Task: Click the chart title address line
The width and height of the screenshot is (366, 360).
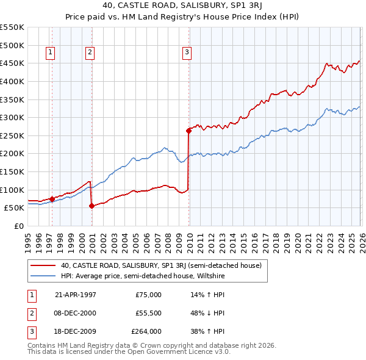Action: (182, 7)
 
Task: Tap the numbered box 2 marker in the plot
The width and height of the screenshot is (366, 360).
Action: (90, 53)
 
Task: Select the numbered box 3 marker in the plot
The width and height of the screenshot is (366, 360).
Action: (186, 53)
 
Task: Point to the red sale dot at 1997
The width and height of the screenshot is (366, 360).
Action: (52, 198)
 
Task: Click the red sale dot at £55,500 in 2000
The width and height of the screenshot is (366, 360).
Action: (91, 206)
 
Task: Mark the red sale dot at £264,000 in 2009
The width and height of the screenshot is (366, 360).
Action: (188, 130)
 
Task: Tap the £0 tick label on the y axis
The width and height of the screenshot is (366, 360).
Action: (19, 226)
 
